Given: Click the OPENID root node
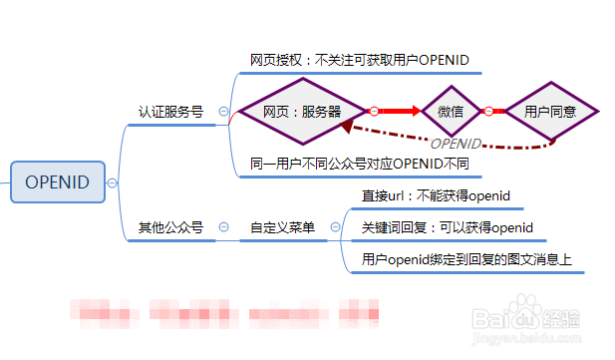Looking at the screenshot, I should point(57,181).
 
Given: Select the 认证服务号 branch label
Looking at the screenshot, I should point(170,112).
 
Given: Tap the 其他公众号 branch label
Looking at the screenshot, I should point(170,228).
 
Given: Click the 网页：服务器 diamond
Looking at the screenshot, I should point(302,112).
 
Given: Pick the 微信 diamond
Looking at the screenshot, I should point(451,112).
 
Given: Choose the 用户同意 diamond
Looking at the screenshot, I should point(550,112).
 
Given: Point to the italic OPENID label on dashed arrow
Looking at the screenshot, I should point(456,144).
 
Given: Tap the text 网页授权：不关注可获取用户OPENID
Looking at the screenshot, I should point(367,60).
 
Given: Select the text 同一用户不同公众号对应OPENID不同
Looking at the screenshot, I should point(359,163).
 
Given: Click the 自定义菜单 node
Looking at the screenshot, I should point(282,228).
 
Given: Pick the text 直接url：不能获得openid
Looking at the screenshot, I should point(437,195).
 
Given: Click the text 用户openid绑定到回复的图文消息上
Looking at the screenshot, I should point(466,261).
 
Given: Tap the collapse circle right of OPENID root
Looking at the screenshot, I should point(113,182).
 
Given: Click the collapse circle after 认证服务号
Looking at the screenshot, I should point(223,113).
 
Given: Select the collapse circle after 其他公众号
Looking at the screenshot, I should point(223,228).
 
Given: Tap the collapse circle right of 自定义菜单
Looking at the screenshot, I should point(335,228).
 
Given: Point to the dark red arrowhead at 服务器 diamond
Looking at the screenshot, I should point(346,129).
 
